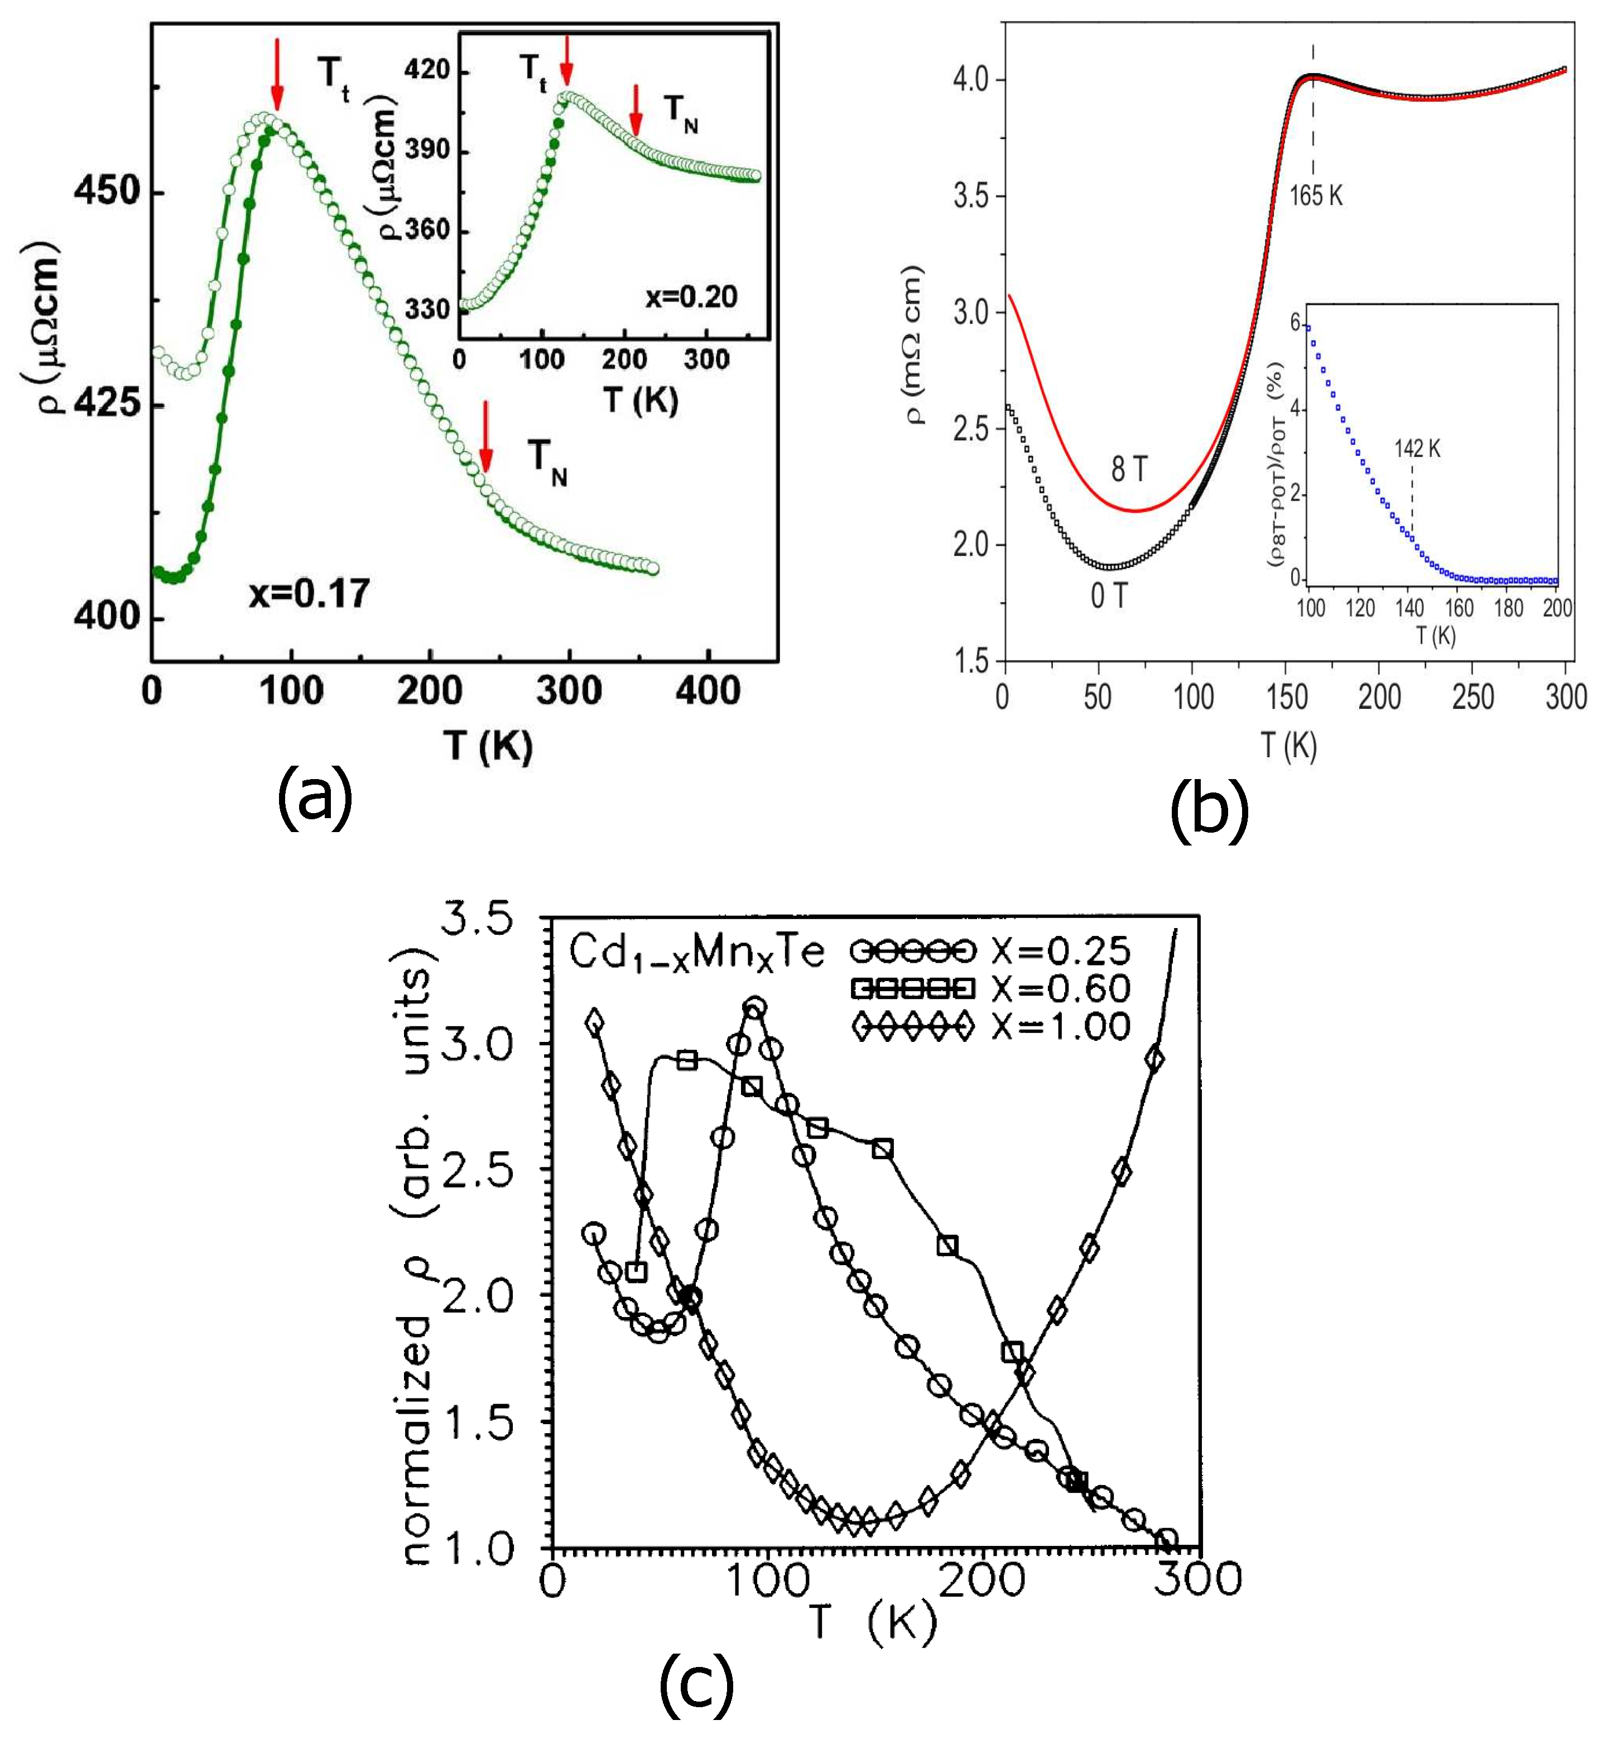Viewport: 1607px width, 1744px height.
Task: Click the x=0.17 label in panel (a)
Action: tap(310, 593)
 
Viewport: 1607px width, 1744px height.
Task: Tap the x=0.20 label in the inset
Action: tap(691, 297)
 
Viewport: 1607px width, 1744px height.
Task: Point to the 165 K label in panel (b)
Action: tap(1316, 196)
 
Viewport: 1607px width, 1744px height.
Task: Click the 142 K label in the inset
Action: tap(1417, 449)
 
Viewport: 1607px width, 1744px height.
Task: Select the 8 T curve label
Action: tap(1129, 470)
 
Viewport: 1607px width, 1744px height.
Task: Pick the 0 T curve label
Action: tap(1110, 596)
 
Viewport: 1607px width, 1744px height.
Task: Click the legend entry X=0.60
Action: tap(1061, 989)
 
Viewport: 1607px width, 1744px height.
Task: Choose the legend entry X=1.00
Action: tap(1061, 1027)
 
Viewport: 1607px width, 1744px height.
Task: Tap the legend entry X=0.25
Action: tap(1061, 951)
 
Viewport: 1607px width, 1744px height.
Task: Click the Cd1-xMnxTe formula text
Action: tap(696, 953)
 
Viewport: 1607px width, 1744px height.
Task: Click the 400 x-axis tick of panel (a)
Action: tap(709, 691)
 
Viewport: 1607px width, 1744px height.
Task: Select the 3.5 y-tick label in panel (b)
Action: tap(971, 196)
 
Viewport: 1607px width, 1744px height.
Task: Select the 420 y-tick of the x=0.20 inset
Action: tap(427, 70)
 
